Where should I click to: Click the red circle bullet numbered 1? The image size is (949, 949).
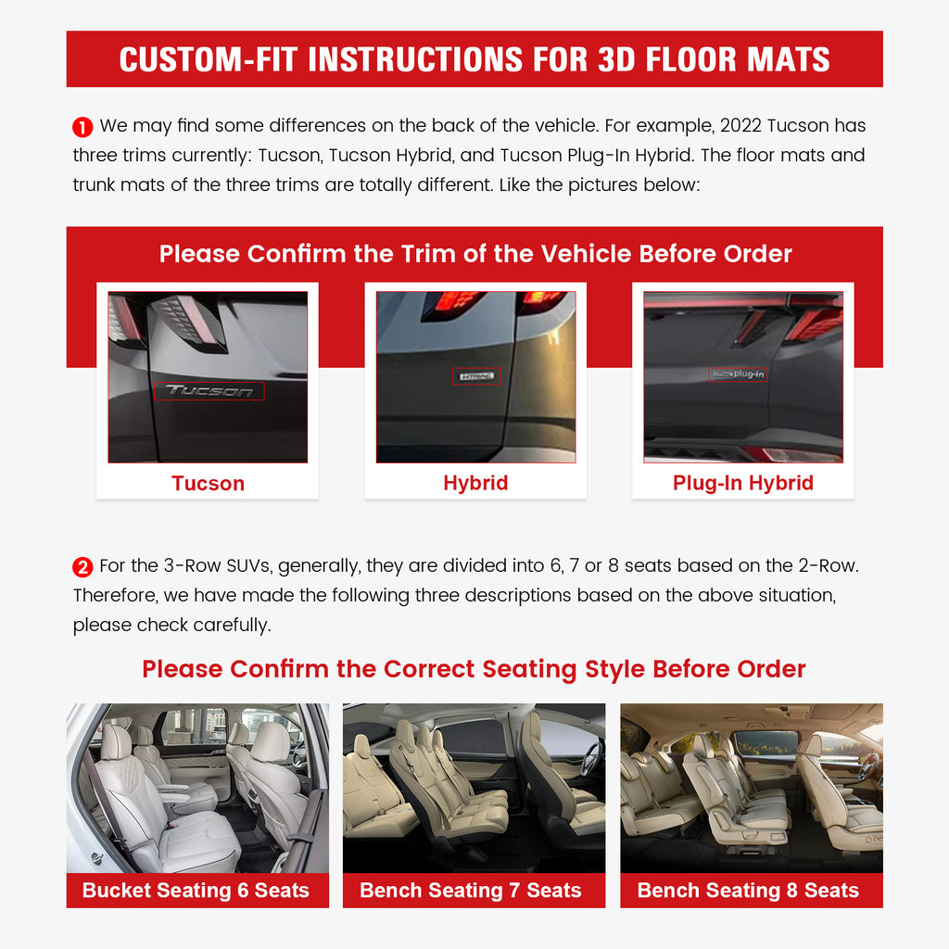pos(83,127)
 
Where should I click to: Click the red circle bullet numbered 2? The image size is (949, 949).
pos(83,567)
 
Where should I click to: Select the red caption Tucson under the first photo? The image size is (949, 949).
pos(208,484)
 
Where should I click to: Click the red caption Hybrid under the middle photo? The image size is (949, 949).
pos(475,484)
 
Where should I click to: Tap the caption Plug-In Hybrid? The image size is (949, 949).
pos(742,484)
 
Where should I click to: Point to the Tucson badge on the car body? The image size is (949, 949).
pos(209,391)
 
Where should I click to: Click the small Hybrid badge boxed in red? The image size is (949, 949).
pos(476,376)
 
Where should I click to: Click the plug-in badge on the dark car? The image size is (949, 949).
pos(739,374)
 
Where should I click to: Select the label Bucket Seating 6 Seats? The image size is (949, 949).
pos(196,891)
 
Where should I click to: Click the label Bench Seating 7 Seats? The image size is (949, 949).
pos(471,891)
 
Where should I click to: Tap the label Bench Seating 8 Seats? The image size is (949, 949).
pos(748,891)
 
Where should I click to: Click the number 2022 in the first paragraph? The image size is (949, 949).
pos(740,125)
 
